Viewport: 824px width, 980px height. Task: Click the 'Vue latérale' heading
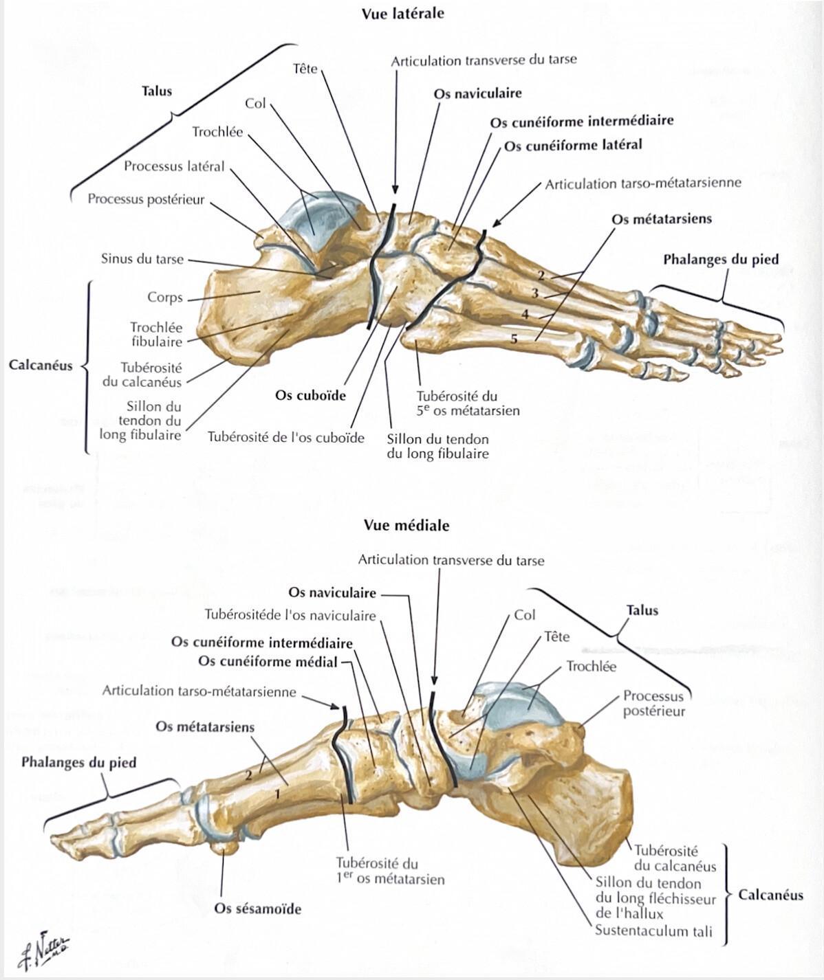[x=402, y=14]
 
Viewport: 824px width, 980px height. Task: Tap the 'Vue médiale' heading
[x=406, y=525]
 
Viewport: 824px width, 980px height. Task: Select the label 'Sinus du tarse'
[x=142, y=258]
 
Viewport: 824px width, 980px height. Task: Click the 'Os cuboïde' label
[x=310, y=395]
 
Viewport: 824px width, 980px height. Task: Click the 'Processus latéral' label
[x=174, y=166]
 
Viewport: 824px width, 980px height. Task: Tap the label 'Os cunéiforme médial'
[x=268, y=661]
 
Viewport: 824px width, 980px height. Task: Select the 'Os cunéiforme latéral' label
[x=573, y=145]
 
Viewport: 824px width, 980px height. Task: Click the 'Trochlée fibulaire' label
[x=157, y=334]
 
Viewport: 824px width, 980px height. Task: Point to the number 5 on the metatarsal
[x=514, y=338]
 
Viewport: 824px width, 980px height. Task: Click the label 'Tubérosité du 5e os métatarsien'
[x=468, y=403]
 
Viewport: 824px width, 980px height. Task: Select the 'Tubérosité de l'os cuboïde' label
[x=286, y=438]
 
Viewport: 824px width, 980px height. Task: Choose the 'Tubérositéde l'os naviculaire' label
[x=290, y=615]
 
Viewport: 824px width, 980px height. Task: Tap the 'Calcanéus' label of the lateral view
[x=41, y=365]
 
